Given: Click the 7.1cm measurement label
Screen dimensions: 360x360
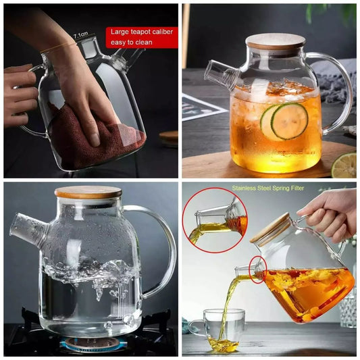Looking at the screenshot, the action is tap(81, 35).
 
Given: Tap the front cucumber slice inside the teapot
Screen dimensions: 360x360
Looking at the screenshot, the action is tap(289, 121).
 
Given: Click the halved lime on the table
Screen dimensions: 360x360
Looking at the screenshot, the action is tap(344, 165).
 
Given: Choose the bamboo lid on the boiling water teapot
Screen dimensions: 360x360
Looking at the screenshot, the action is tap(88, 192).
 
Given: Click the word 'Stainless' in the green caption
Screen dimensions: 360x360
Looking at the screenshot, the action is tap(244, 188).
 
